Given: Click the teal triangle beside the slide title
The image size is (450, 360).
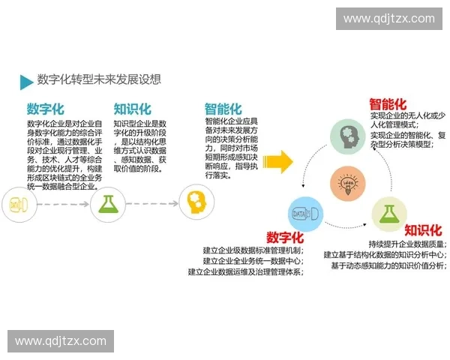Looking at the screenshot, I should coord(27,82).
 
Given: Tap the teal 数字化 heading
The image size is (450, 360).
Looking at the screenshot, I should coord(46,109).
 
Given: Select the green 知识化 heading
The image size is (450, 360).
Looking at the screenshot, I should coord(133,109).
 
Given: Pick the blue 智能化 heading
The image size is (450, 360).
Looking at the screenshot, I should coord(223,109).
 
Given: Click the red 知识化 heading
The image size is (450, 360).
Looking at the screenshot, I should coord(423,229).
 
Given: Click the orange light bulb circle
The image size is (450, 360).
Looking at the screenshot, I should coord(348,182).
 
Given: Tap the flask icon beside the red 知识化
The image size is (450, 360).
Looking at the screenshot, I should coord(388,213).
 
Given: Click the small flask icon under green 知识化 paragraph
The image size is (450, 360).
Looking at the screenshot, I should coord(106,202).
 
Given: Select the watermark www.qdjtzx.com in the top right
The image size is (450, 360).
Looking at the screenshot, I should coord(389,19).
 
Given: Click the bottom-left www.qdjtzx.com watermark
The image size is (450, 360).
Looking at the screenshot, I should coord(61,341).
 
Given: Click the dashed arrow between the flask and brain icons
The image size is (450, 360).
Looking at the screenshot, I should coord(150,203).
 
